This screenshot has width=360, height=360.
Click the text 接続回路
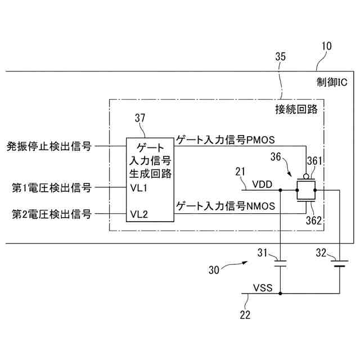tap(296, 109)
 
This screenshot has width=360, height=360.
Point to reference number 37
tap(141, 118)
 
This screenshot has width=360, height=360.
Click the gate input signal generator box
tap(148, 180)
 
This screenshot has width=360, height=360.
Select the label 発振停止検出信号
tap(49, 147)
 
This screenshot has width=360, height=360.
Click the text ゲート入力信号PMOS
tap(224, 138)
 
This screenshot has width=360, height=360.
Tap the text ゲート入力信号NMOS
tap(226, 206)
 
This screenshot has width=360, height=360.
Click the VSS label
tap(263, 288)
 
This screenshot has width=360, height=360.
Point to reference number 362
tap(314, 220)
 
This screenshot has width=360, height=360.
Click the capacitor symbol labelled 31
tap(281, 262)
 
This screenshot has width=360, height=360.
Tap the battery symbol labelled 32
tap(339, 262)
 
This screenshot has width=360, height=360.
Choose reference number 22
tap(245, 315)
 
